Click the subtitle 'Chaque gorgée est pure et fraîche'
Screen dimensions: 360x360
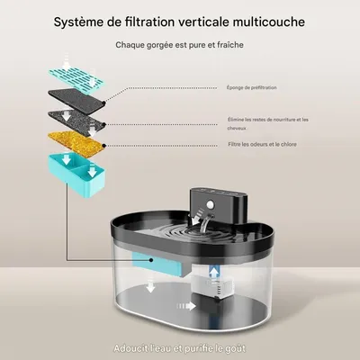point(179,43)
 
